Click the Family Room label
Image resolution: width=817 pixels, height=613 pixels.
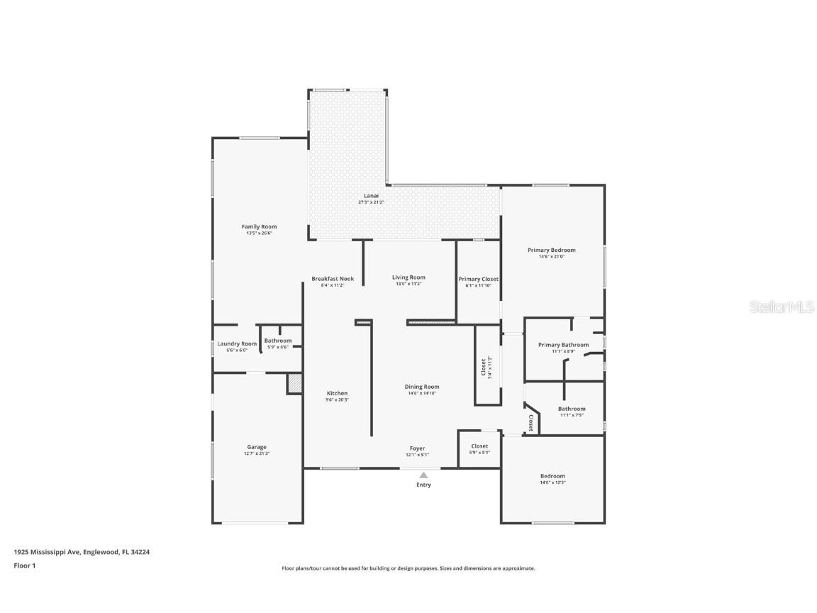pos(259,227)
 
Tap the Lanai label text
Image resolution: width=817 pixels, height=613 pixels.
pos(371,196)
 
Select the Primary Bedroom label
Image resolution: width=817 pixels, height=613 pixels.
pos(551,250)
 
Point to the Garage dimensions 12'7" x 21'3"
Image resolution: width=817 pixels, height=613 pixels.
pos(257,453)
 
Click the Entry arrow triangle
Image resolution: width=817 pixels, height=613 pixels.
pos(423,475)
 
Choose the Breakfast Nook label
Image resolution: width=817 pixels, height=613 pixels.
pos(333,279)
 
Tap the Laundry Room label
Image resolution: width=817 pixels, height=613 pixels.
pos(237,343)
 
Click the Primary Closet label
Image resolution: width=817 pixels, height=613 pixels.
pos(478,279)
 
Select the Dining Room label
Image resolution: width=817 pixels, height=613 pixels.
pos(422,387)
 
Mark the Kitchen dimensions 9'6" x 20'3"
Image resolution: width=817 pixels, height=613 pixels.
pos(337,399)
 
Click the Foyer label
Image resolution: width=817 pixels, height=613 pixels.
pos(417,448)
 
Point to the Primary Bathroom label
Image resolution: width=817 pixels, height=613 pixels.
pos(563,345)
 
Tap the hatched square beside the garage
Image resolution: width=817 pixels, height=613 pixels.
pos(294,383)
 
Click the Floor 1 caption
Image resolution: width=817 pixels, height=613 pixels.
pos(24,565)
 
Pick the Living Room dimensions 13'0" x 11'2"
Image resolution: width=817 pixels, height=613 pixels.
pos(409,284)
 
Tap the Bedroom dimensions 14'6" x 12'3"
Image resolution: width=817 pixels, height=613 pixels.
pos(552,482)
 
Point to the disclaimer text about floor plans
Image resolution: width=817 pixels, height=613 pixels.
pos(408,568)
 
